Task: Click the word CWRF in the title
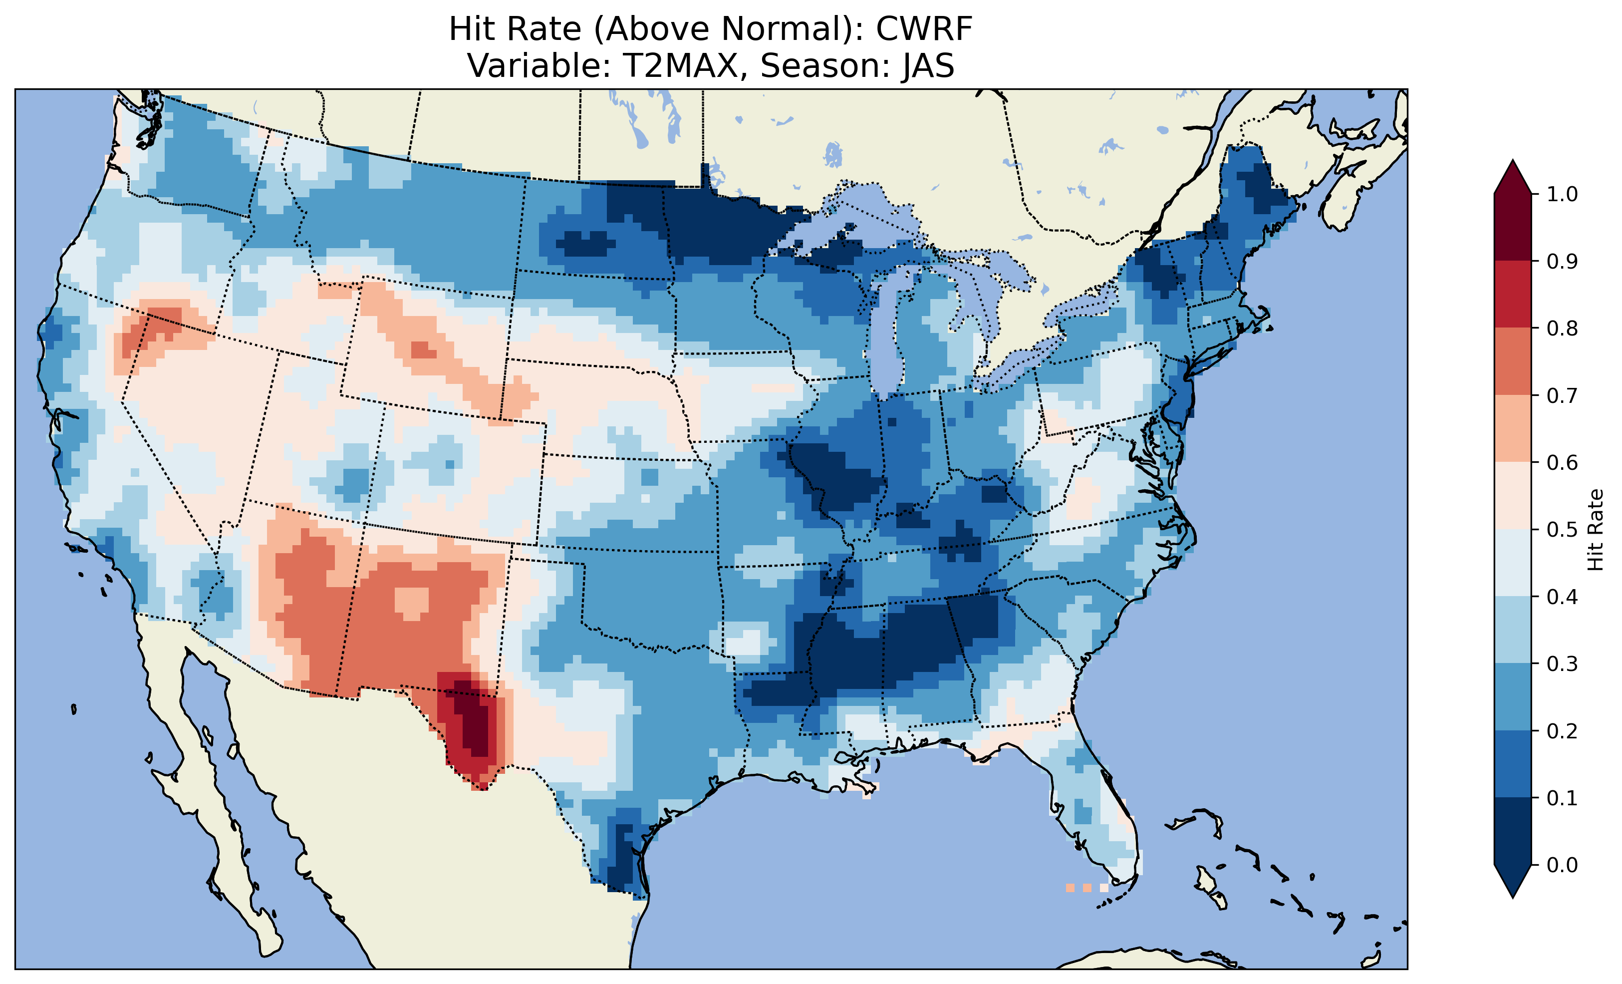[924, 29]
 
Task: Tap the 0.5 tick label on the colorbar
[1562, 530]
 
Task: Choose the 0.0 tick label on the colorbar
[1562, 865]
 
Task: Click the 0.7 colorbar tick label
[1562, 396]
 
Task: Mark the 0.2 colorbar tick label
[1562, 731]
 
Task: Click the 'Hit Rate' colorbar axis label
[1595, 530]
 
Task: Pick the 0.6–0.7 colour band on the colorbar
[1513, 428]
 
